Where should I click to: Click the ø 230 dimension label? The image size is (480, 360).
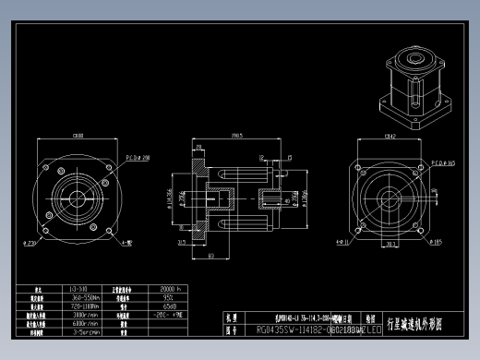[30, 243]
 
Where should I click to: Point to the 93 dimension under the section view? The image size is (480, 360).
[211, 256]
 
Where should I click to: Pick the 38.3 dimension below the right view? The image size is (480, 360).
[390, 245]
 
